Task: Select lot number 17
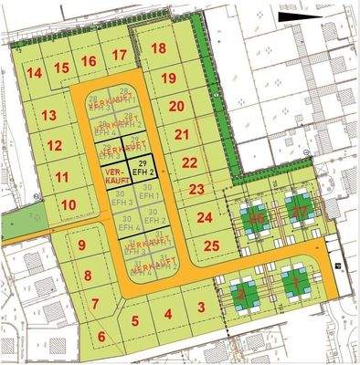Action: point(119,56)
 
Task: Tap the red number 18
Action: point(159,48)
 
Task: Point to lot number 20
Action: point(176,106)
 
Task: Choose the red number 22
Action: point(189,162)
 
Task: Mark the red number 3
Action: point(200,308)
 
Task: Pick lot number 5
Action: point(134,320)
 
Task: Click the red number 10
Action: point(69,205)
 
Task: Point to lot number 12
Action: point(55,145)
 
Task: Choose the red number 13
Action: point(48,115)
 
